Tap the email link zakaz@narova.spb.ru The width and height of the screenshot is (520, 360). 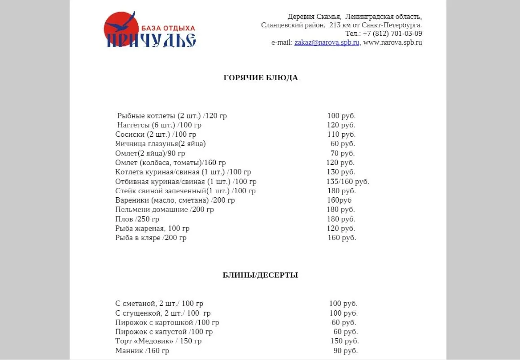coord(327,43)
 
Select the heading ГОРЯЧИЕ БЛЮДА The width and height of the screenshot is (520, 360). coord(260,78)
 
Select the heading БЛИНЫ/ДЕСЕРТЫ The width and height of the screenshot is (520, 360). coord(260,275)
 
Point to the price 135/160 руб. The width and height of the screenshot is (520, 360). coord(347,182)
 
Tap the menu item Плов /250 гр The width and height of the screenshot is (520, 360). coord(137,219)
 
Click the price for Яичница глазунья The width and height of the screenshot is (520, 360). coord(343,143)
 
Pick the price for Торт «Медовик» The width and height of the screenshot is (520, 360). coord(343,341)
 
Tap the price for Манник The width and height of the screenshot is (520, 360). coord(345,351)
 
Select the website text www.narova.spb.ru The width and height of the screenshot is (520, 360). coord(393,43)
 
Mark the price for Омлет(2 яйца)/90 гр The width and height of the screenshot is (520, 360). coord(343,153)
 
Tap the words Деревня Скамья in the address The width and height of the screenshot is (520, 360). coord(315,17)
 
